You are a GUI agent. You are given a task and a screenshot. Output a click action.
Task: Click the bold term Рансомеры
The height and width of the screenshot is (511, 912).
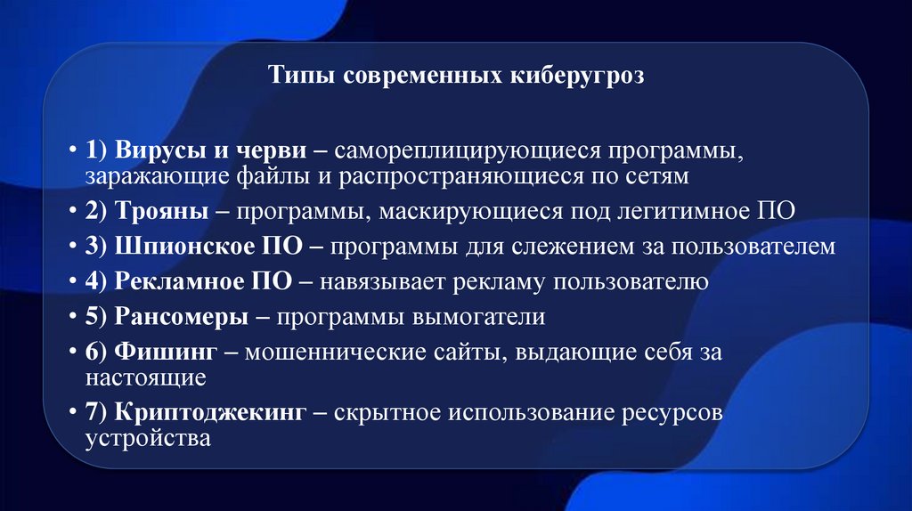click(175, 317)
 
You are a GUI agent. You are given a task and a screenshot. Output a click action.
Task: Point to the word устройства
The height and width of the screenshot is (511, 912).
click(148, 439)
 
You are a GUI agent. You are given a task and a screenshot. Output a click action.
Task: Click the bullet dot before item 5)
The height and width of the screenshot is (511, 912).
click(72, 318)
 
